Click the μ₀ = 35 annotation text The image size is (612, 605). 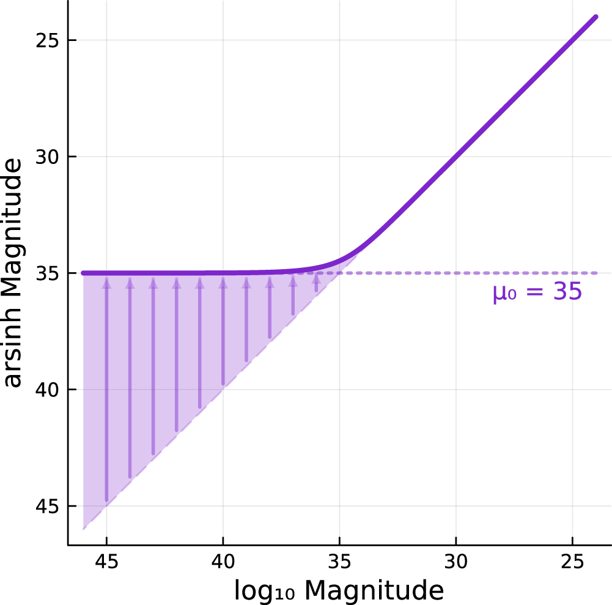click(x=537, y=292)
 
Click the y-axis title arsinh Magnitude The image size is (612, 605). click(x=13, y=273)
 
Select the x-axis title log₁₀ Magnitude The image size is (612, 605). click(x=338, y=590)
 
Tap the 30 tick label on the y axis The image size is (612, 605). click(x=50, y=157)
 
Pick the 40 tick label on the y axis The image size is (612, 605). click(x=50, y=390)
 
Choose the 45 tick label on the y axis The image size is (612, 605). click(x=50, y=506)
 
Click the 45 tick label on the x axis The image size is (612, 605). click(x=106, y=561)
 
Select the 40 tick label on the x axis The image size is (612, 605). click(x=223, y=561)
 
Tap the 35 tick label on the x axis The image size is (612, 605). click(x=339, y=561)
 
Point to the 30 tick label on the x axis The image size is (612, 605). click(x=456, y=561)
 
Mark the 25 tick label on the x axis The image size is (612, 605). click(x=572, y=561)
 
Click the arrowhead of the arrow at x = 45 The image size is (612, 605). click(x=106, y=282)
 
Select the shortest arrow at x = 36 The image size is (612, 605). click(x=316, y=284)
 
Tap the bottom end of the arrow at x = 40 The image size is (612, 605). click(x=223, y=384)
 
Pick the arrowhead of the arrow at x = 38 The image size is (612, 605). click(x=270, y=282)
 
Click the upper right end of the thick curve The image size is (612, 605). click(x=595, y=17)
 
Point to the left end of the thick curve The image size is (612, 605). click(x=83, y=273)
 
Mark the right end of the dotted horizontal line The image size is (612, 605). click(x=595, y=273)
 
